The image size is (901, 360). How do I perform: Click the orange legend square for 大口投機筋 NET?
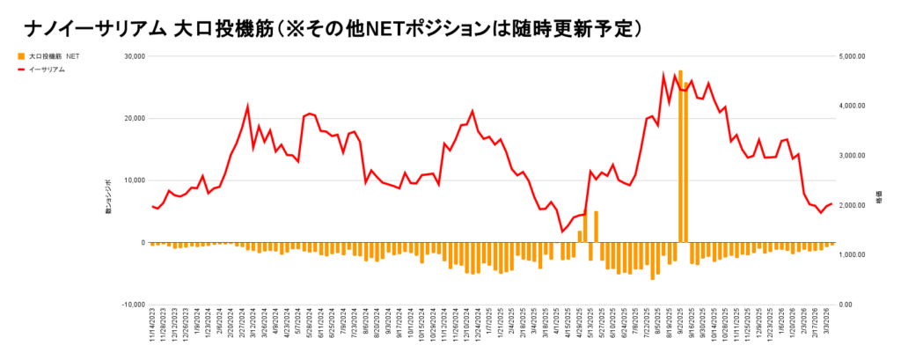[x=20, y=56]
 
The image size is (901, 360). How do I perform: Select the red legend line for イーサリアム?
[x=20, y=69]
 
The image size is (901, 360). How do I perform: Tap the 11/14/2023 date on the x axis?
[x=153, y=330]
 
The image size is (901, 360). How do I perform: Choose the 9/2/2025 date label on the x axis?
[x=681, y=330]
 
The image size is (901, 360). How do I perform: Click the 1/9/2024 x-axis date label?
[x=198, y=330]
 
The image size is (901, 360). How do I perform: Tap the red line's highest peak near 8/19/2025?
[x=663, y=75]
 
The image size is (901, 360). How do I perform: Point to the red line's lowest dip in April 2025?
[x=562, y=231]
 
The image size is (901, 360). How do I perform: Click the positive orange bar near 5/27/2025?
[x=596, y=226]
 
